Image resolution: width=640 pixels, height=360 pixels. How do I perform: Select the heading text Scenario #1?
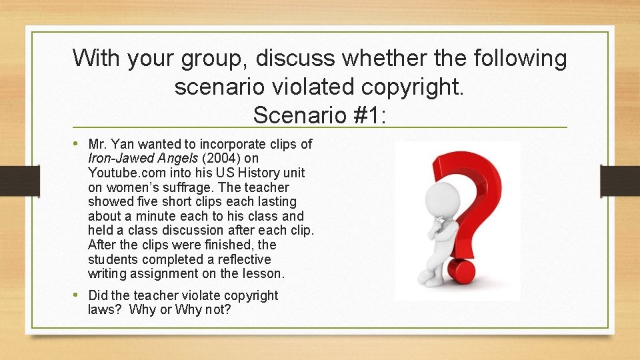coord(319,115)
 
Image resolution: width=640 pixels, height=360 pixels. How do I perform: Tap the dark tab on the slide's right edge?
coord(620,181)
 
